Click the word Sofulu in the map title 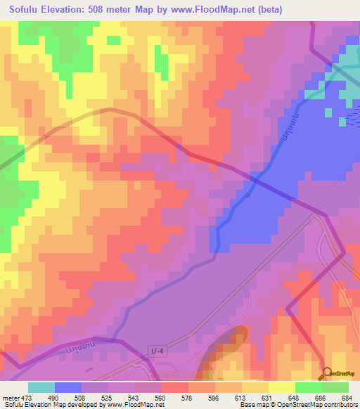[x=26, y=10]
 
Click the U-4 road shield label [x=158, y=349]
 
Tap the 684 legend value [x=347, y=398]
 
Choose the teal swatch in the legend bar [x=41, y=387]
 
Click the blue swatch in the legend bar [x=68, y=387]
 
